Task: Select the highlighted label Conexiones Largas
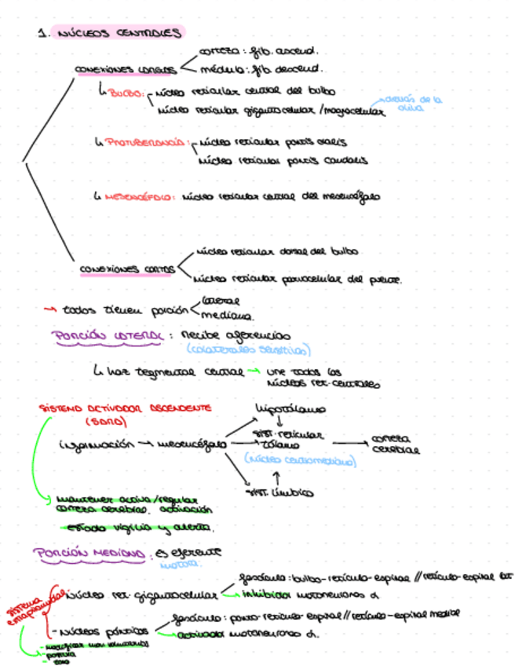pos(125,70)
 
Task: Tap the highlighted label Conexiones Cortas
pos(128,269)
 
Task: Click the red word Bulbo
pos(126,93)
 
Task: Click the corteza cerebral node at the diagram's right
pos(394,445)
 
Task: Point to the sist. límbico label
pos(279,494)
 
